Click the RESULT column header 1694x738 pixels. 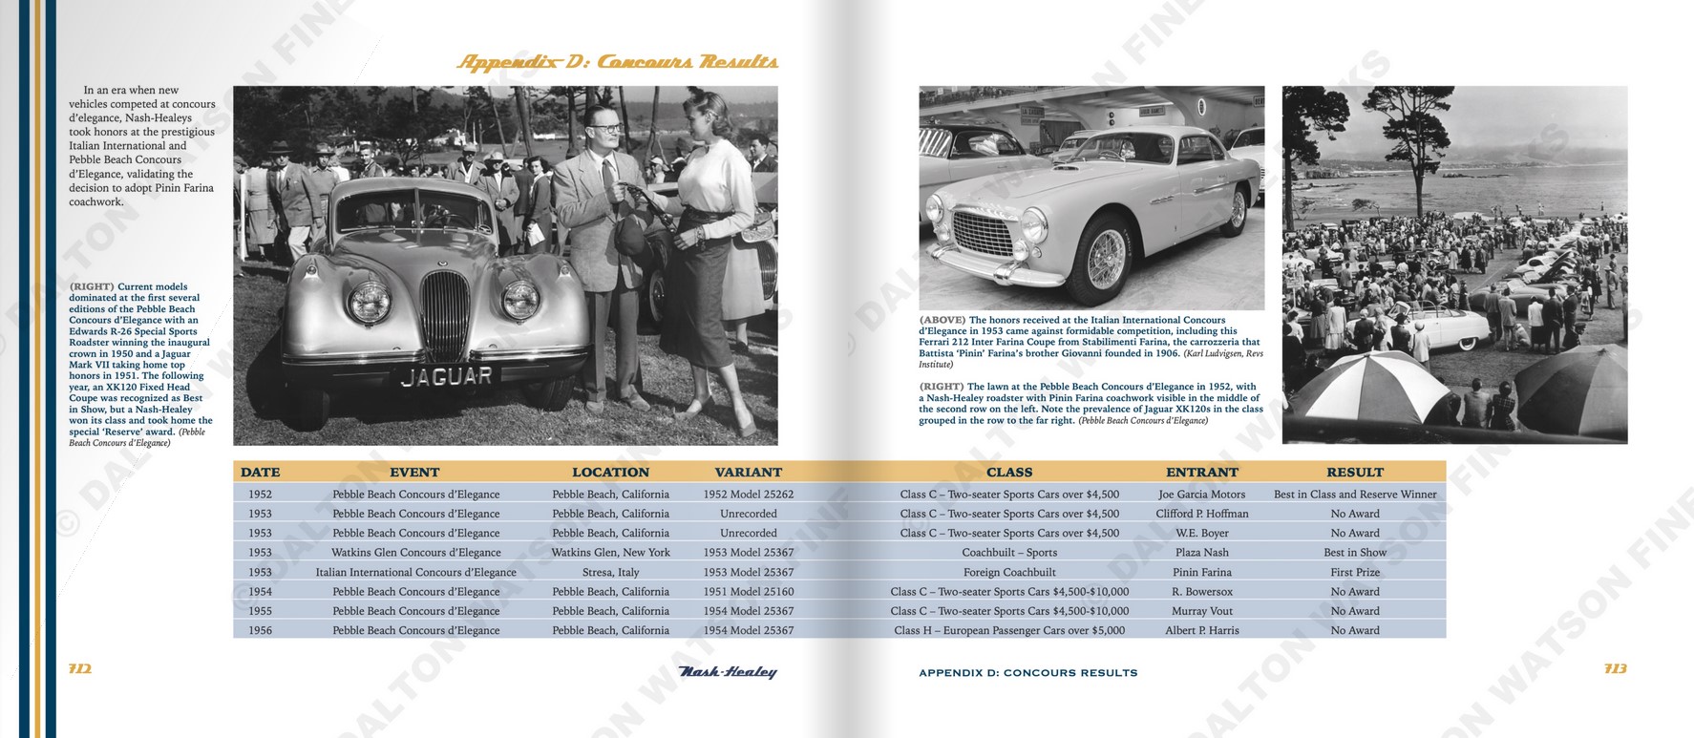1354,472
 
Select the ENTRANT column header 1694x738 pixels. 1201,472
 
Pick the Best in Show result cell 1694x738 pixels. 1354,553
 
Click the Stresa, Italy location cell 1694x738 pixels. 610,572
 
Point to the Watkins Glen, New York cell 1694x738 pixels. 610,553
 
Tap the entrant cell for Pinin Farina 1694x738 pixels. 1201,572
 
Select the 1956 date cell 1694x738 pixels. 260,630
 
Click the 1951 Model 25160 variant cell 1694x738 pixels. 748,592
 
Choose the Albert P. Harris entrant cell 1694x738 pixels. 1201,630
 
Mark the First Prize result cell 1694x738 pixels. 1354,572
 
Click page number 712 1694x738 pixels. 80,669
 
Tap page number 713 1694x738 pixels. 1615,669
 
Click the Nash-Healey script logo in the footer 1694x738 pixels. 727,672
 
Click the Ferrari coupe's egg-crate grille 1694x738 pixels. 983,234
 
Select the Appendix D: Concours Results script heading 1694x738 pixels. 617,63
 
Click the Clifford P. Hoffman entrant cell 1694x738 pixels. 1201,514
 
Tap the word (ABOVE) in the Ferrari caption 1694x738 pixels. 942,321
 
